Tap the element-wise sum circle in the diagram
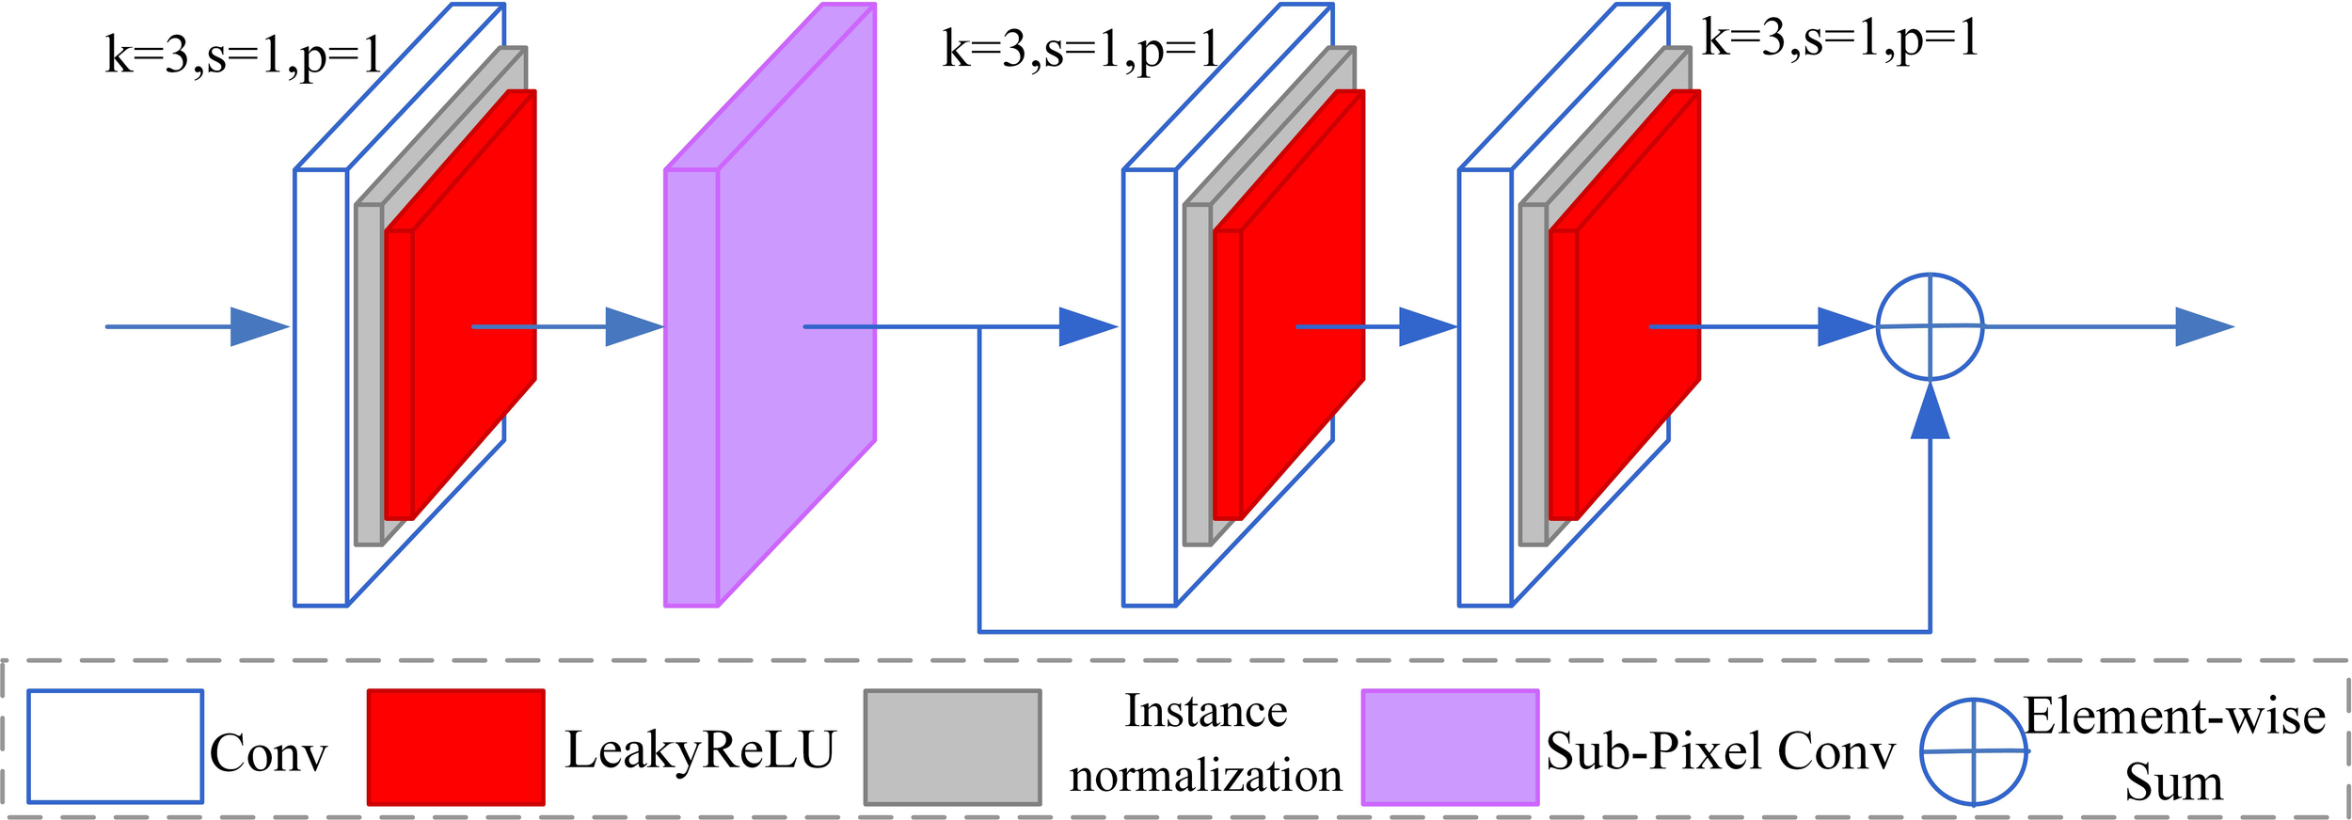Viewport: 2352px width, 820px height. tap(1930, 326)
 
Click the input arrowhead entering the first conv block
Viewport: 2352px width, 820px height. tap(258, 326)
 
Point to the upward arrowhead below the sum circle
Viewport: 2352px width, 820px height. tap(1930, 414)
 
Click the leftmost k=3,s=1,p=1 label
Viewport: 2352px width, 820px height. tap(243, 56)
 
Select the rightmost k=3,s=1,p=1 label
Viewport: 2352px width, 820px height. tap(1840, 39)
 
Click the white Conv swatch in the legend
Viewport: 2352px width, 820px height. tap(115, 747)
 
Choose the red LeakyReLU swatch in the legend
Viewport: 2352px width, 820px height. tap(455, 748)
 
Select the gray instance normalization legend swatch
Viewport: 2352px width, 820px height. tap(952, 748)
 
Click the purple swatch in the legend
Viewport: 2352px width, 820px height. tap(1450, 748)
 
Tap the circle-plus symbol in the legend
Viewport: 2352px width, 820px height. tap(1973, 751)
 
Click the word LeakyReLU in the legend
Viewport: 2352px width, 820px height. tap(700, 750)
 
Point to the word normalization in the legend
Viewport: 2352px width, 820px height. tap(1205, 777)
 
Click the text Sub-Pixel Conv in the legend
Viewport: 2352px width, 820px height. tap(1720, 751)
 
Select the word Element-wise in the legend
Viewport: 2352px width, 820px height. tap(2174, 717)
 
